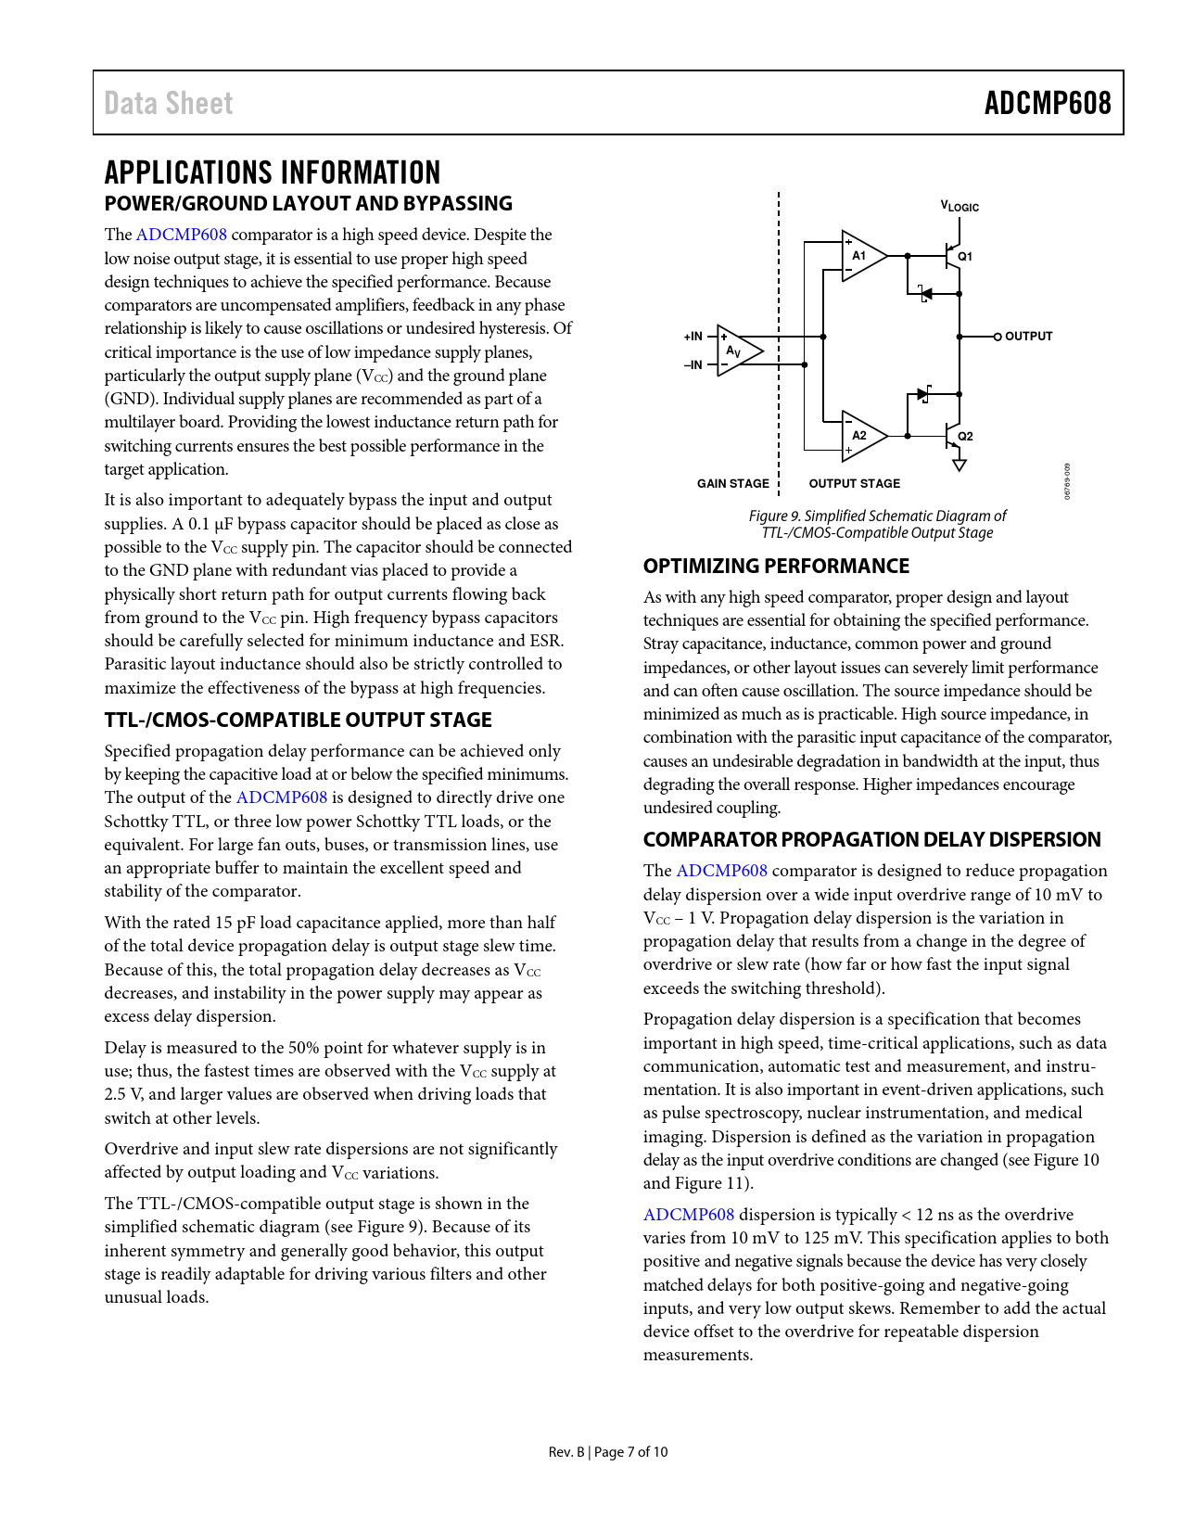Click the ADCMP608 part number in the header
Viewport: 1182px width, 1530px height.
click(x=1047, y=103)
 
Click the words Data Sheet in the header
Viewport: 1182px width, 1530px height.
click(x=168, y=103)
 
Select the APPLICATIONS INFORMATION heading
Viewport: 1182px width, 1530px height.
click(x=273, y=172)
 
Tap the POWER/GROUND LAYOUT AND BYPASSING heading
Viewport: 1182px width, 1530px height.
click(x=308, y=204)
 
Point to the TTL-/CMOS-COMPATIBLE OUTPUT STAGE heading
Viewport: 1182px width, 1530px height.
click(x=298, y=720)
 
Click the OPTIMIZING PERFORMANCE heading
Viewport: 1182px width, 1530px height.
click(x=776, y=567)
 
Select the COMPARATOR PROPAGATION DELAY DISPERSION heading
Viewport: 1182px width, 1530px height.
click(x=871, y=840)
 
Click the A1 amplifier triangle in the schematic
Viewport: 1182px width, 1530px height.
click(x=861, y=255)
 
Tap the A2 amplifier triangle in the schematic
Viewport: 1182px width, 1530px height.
click(x=861, y=435)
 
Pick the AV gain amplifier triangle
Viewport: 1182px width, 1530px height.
click(x=737, y=351)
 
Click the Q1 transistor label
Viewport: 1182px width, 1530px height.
click(x=965, y=256)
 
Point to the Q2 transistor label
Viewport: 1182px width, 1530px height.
click(x=965, y=436)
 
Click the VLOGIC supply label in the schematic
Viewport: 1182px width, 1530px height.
click(x=960, y=207)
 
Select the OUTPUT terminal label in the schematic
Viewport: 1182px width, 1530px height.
click(x=1028, y=337)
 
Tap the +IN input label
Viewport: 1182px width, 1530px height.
click(x=693, y=337)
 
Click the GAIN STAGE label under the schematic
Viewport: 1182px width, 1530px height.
click(x=732, y=484)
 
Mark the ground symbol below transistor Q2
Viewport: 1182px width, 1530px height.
click(x=960, y=464)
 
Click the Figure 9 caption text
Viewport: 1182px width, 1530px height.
click(x=877, y=524)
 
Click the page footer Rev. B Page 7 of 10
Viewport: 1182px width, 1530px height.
click(x=607, y=1452)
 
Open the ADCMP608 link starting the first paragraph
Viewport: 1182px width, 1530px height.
click(x=182, y=235)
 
